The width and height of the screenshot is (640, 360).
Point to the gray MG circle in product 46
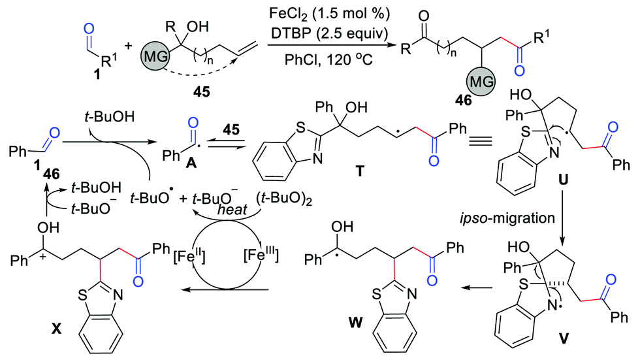pos(481,84)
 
